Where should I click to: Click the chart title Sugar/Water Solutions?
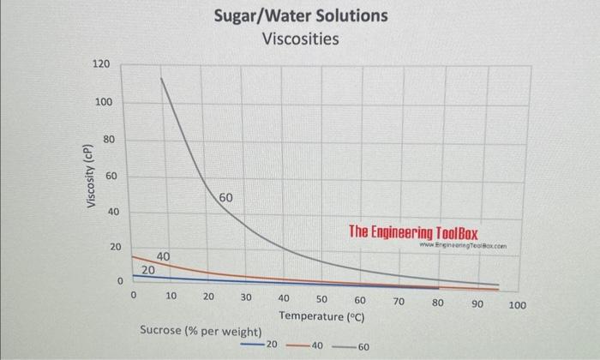click(x=300, y=15)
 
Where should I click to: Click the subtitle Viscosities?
click(x=300, y=39)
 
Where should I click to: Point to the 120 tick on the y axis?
click(x=101, y=65)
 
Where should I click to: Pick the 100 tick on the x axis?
click(x=518, y=304)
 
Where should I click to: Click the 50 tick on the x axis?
click(x=321, y=300)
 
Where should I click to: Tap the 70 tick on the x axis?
click(x=399, y=302)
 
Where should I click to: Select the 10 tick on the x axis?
click(x=171, y=297)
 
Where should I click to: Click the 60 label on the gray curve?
click(x=225, y=198)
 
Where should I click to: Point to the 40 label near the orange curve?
click(x=163, y=256)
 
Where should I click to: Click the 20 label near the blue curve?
click(x=147, y=269)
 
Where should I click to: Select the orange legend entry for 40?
click(x=304, y=345)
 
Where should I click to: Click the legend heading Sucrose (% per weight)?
click(x=201, y=330)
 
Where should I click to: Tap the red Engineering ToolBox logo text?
click(x=413, y=231)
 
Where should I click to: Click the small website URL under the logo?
click(x=459, y=246)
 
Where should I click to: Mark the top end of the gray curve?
click(x=160, y=79)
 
